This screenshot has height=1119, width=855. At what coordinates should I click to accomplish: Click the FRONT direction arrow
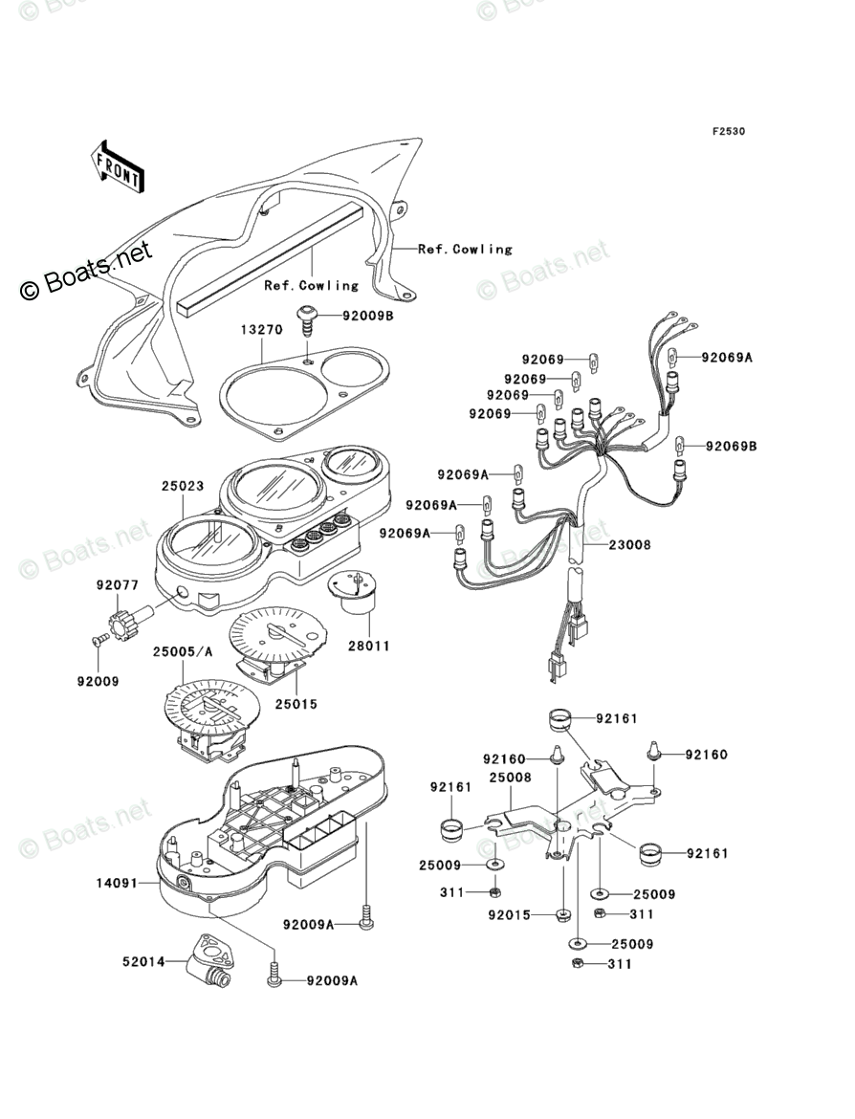coord(118,165)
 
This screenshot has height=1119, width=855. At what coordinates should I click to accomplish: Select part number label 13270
coord(261,330)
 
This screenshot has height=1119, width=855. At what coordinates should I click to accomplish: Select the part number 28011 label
coord(369,646)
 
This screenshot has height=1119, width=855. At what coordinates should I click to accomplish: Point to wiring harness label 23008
coord(628,545)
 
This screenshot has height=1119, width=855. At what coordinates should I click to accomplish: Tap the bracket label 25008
coord(510,778)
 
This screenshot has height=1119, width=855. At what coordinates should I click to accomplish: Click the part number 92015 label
coord(510,913)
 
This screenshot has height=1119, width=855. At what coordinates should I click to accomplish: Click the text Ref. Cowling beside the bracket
coord(465,249)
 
